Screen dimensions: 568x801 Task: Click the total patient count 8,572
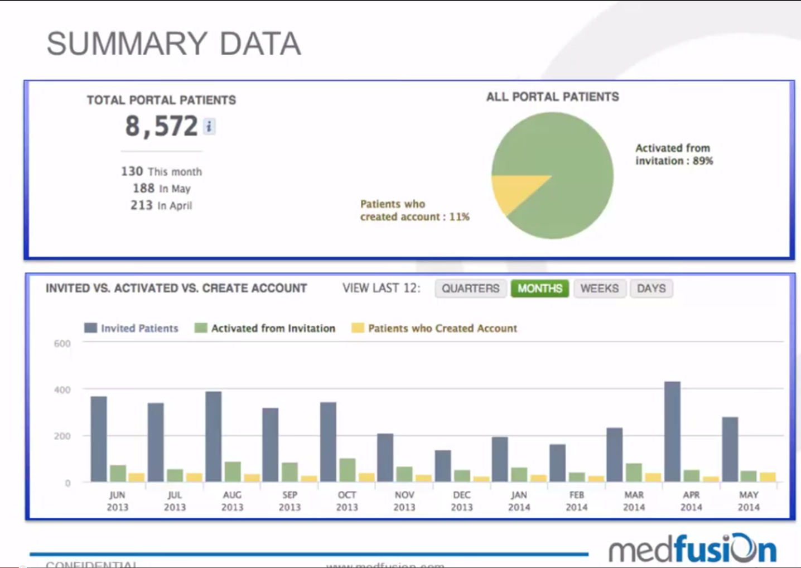(161, 126)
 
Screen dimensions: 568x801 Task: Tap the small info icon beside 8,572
(209, 127)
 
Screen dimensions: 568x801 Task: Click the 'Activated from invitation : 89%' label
(674, 155)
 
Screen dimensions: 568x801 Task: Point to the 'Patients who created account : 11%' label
(414, 210)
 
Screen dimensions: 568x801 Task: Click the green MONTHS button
(539, 288)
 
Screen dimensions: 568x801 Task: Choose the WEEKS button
(599, 288)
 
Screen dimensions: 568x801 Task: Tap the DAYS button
(651, 288)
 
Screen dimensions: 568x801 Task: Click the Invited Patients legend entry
(132, 328)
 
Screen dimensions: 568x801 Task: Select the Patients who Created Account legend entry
(435, 328)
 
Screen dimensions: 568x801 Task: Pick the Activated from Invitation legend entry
(265, 328)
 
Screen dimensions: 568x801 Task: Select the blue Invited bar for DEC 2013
(443, 465)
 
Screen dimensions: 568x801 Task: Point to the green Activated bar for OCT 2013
(347, 470)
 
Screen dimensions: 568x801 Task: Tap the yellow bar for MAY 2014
(768, 476)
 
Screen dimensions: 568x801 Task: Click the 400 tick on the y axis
(62, 389)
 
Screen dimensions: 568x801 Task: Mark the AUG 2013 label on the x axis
(232, 500)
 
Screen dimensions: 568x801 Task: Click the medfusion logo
(692, 549)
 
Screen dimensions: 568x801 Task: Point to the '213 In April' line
(161, 205)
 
